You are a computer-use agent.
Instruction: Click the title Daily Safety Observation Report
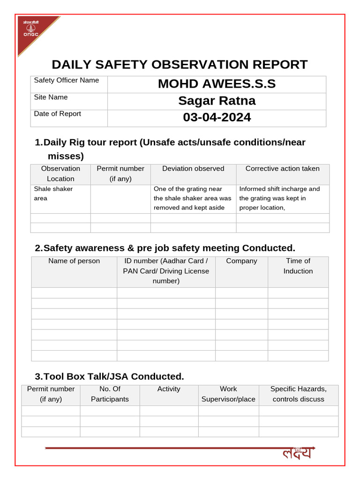180,65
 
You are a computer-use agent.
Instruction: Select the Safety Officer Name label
67,80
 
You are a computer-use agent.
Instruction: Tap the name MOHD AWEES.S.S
217,84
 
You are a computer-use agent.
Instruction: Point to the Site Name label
51,97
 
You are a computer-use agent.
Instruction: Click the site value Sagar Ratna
217,101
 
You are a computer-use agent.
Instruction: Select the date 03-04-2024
217,117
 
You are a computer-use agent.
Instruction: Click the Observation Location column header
60,173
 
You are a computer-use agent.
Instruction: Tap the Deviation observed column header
193,169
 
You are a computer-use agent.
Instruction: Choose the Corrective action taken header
282,169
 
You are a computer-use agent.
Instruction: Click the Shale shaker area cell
53,194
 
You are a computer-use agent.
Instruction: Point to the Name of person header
74,261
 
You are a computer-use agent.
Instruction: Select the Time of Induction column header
298,266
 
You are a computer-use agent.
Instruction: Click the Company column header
241,261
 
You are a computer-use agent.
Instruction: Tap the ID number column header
166,271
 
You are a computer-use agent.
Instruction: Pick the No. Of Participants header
110,394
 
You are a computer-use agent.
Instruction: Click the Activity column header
169,389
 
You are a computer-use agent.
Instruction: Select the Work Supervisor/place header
228,394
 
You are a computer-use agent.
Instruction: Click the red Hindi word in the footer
297,453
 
